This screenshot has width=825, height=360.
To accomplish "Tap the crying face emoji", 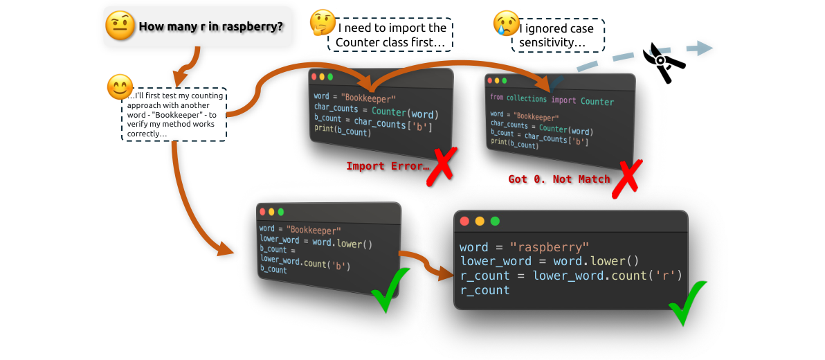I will (507, 23).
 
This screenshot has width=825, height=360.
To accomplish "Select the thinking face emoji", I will (322, 23).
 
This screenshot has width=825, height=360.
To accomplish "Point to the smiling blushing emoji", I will (120, 87).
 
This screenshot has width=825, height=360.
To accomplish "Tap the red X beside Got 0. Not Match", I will (626, 179).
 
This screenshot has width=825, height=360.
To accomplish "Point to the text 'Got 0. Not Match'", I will (559, 179).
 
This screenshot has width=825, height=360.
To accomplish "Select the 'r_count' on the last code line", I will (484, 290).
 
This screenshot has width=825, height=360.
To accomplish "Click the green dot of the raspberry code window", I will (495, 222).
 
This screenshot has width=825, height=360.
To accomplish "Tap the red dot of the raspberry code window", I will (464, 222).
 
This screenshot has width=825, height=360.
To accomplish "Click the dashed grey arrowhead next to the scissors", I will (704, 47).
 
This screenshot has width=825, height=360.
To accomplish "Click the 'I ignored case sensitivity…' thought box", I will (559, 35).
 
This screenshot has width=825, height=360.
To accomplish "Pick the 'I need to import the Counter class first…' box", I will (391, 35).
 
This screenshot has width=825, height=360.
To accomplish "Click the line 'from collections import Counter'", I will (552, 100).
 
